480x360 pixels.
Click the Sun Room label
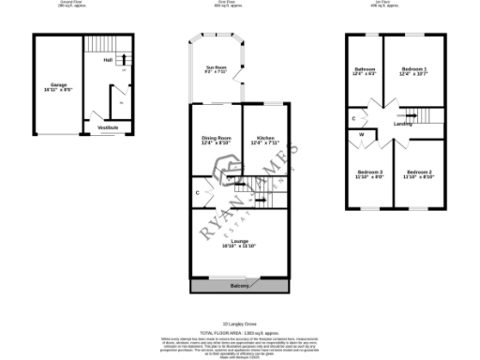(x=217, y=67)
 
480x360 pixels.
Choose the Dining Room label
(x=217, y=139)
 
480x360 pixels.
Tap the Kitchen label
(x=265, y=139)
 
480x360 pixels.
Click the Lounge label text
(x=239, y=241)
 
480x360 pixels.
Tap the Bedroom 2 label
(x=417, y=172)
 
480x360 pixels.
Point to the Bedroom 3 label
(x=370, y=172)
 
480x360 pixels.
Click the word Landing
(x=403, y=123)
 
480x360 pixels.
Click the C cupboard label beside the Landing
(x=353, y=119)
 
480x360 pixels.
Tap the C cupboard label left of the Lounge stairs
(x=198, y=193)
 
